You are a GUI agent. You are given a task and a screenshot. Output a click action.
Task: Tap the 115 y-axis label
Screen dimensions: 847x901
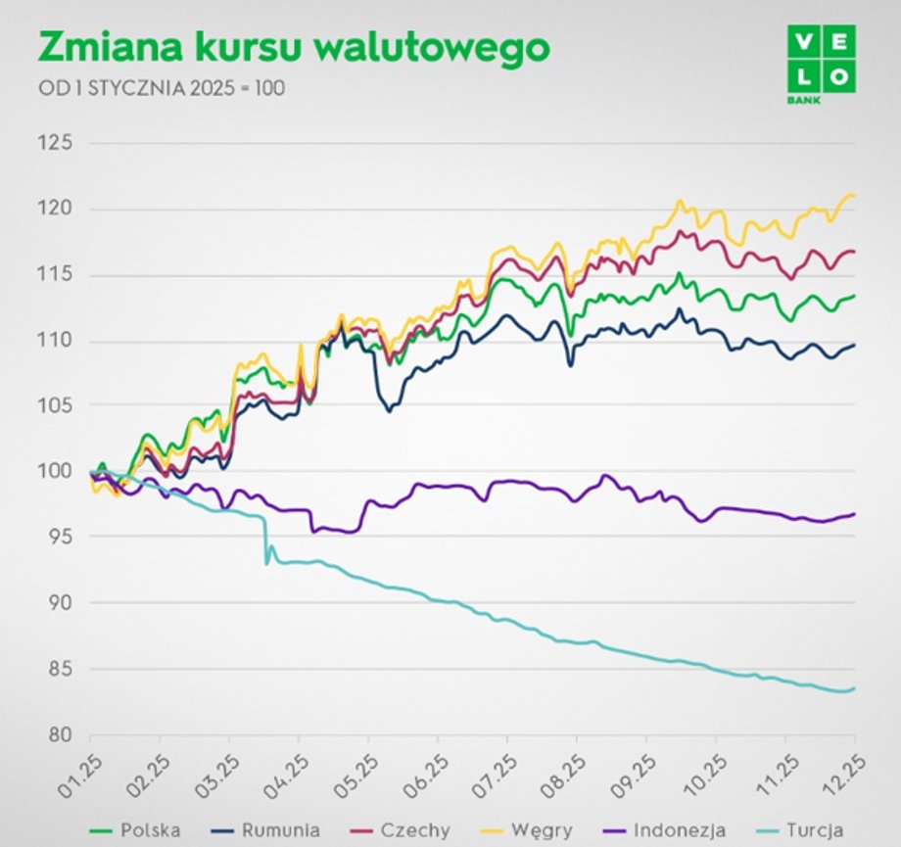56,275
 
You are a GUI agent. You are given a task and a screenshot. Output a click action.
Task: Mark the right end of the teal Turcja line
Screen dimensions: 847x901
854,688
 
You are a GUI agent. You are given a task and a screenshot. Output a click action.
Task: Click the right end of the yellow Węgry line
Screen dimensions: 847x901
854,196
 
